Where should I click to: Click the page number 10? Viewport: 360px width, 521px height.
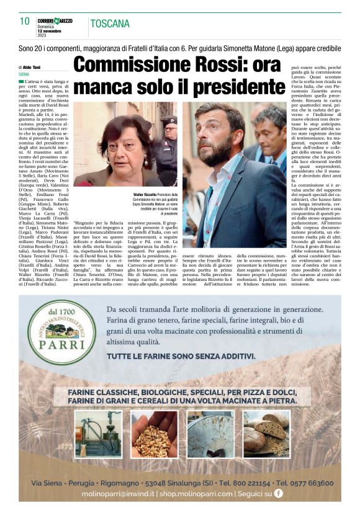coord(25,21)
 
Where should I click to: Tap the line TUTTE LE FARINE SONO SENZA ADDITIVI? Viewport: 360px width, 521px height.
coord(181,357)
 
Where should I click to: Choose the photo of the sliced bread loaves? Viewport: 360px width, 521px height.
coord(267,434)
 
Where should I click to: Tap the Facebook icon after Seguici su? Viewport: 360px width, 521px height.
coord(278,494)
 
